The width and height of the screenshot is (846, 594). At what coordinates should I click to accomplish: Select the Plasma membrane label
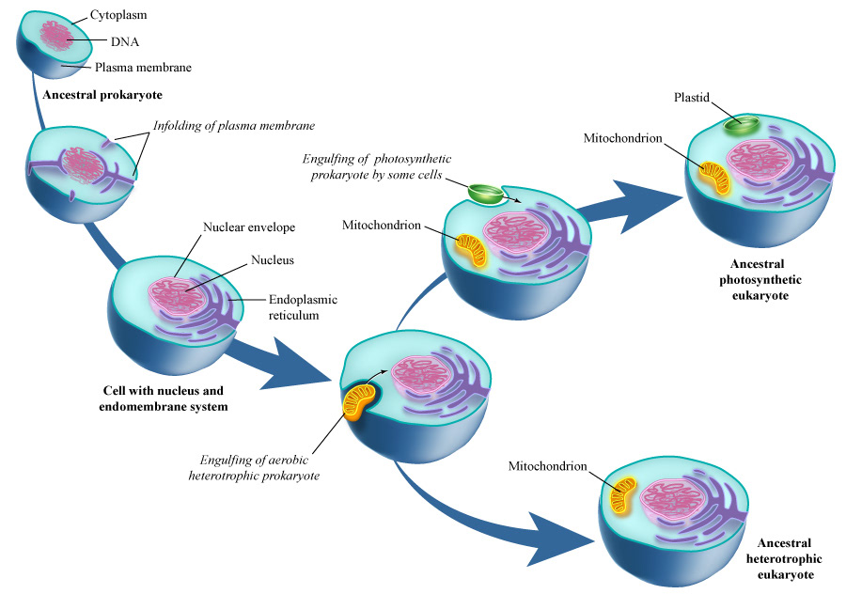pos(143,68)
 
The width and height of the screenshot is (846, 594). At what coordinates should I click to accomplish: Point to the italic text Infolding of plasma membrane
pos(233,125)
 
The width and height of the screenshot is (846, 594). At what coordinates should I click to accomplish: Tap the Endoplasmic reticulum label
pos(303,307)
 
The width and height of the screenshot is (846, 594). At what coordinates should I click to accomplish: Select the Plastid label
pos(692,98)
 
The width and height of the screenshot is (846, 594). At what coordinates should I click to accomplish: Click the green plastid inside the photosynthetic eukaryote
pos(745,126)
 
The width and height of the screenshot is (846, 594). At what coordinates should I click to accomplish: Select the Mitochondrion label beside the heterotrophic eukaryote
pos(547,466)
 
